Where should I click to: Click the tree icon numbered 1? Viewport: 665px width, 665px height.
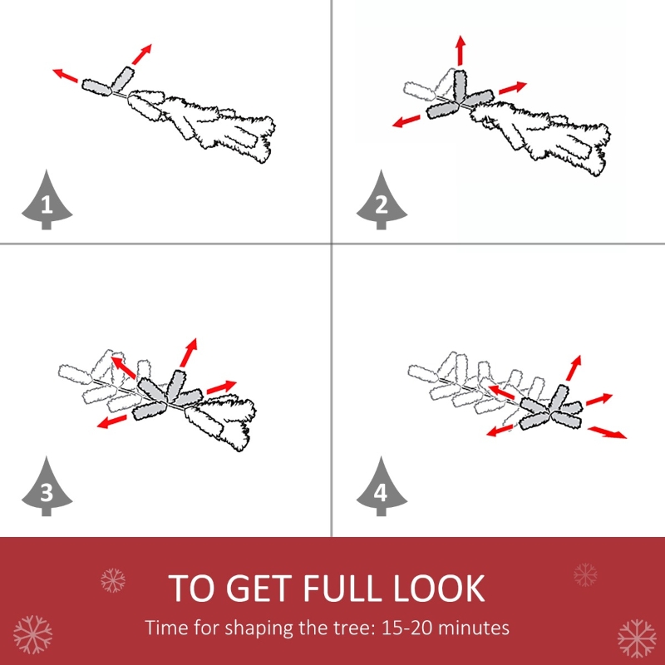(47, 200)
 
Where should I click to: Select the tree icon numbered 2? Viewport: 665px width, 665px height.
(382, 200)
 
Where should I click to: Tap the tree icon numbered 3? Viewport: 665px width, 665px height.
(47, 487)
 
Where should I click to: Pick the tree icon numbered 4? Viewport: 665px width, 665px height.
(382, 487)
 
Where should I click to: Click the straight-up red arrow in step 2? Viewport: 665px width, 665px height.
(461, 51)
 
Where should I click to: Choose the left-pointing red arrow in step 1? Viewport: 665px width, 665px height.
(66, 75)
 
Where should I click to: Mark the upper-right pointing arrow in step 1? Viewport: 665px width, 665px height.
(141, 54)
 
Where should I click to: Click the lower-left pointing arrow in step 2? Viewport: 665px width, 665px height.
(406, 121)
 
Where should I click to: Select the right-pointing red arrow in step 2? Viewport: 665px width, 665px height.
(513, 88)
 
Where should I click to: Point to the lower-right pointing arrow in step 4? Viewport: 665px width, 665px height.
(607, 432)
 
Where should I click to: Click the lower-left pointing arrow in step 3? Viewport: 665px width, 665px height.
(112, 421)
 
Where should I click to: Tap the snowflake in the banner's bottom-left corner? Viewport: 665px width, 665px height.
(32, 634)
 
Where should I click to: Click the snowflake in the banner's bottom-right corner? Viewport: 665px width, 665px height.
(637, 638)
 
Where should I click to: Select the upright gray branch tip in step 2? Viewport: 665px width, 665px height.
(461, 87)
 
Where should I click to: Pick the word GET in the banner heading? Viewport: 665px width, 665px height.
(262, 589)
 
